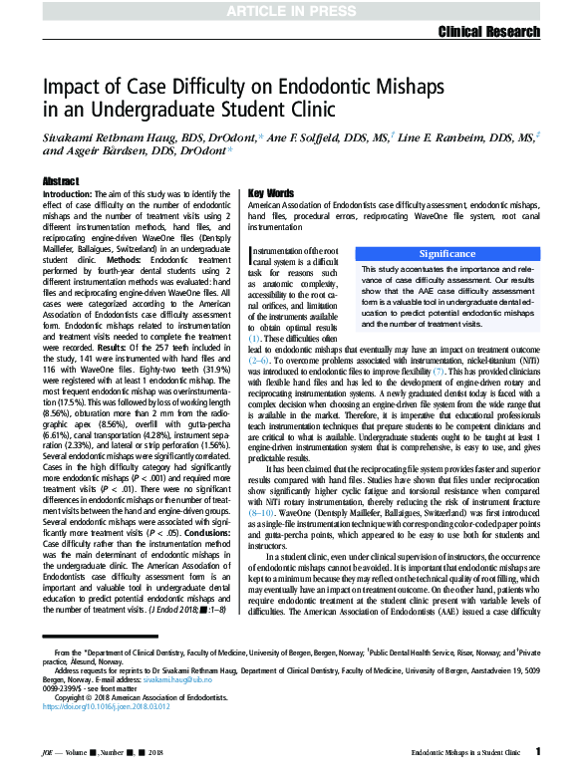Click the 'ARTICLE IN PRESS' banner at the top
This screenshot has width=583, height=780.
click(x=291, y=11)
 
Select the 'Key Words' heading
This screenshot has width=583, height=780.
click(x=270, y=192)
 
